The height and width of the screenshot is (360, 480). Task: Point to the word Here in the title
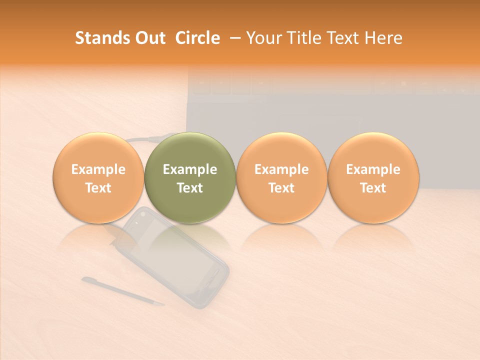384,38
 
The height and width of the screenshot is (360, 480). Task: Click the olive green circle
190,177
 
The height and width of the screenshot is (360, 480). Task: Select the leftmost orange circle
98,177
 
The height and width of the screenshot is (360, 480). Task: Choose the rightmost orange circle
373,177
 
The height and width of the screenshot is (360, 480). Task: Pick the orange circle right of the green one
281,177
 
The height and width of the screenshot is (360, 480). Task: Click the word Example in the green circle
190,169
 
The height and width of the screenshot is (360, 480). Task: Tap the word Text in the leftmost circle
98,188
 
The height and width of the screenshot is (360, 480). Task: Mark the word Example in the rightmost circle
373,169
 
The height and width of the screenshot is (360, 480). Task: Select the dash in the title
233,38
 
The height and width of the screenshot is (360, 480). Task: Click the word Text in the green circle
190,188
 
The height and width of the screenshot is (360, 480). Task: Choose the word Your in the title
262,38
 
